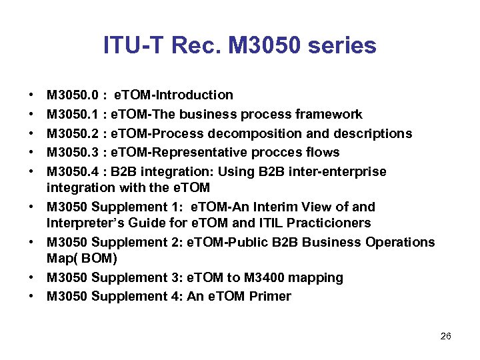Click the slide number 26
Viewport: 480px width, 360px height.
pyautogui.click(x=446, y=336)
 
